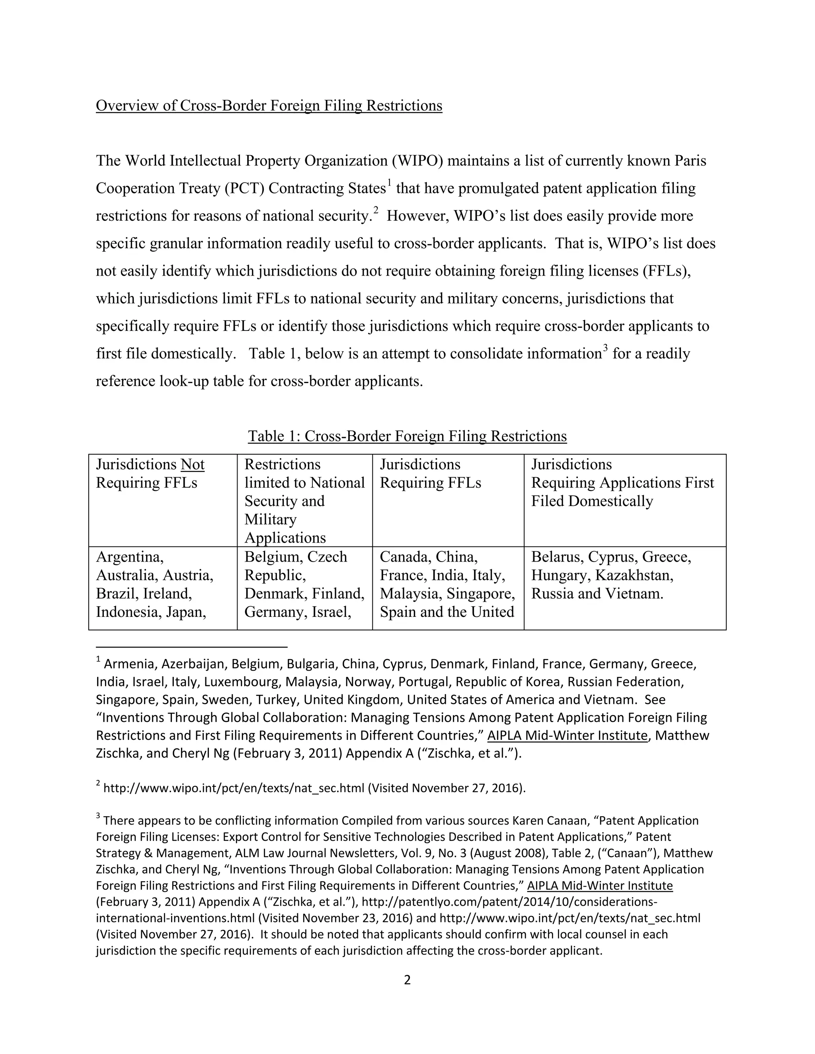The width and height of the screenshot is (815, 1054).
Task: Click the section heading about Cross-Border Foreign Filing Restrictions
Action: pyautogui.click(x=269, y=106)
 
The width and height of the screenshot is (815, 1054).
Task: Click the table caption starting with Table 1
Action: pyautogui.click(x=407, y=436)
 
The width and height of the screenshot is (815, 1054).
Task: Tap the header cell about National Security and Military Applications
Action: pyautogui.click(x=304, y=500)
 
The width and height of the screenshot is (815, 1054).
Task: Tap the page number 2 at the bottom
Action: pyautogui.click(x=407, y=980)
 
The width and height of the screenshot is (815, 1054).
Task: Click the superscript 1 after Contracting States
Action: pyautogui.click(x=389, y=183)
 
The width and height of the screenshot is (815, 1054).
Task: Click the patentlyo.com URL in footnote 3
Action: pyautogui.click(x=509, y=902)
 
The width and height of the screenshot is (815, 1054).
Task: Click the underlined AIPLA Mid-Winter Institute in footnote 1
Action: pyautogui.click(x=567, y=736)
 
